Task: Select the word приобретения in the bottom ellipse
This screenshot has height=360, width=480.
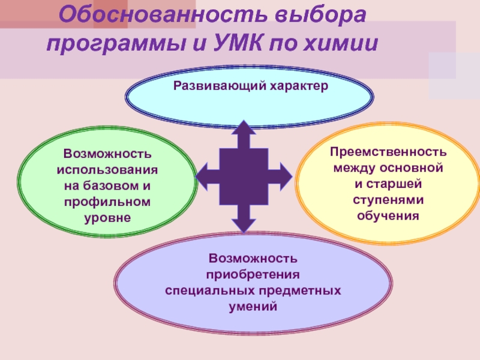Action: [x=253, y=274]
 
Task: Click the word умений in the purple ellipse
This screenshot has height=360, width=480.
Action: [x=253, y=305]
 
